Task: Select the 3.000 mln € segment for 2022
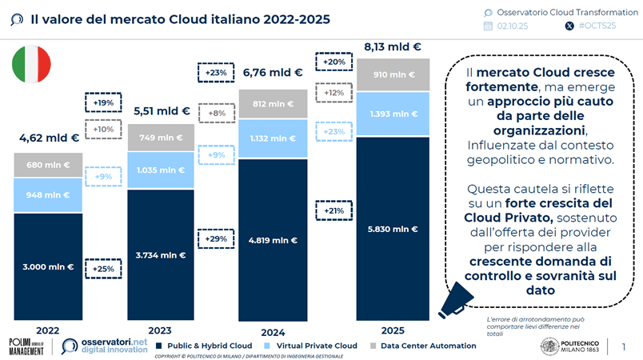coord(48,267)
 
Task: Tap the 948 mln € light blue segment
coord(48,194)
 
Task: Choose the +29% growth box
coord(214,238)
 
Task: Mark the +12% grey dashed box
coord(332,94)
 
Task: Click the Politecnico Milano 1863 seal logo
coord(551,346)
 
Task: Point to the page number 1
coord(623,346)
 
